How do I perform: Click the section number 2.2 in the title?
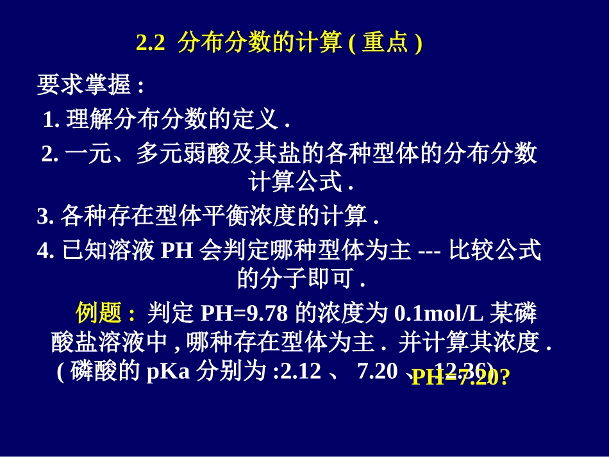(x=151, y=43)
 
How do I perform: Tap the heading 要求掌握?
(x=83, y=85)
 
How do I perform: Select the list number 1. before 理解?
(x=51, y=119)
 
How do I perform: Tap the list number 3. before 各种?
(x=45, y=216)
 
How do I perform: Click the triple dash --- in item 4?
(x=428, y=251)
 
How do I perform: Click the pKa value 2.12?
(x=301, y=371)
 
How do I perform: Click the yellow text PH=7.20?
(x=460, y=378)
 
